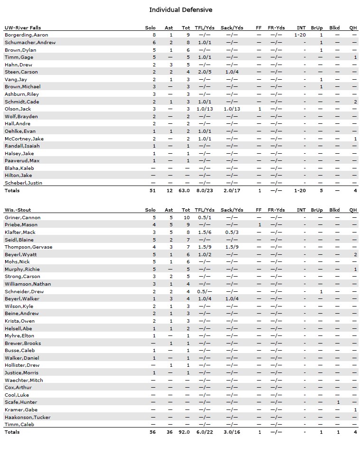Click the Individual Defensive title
(x=180, y=10)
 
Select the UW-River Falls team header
(x=23, y=28)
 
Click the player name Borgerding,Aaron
(x=26, y=35)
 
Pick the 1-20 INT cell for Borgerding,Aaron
(x=300, y=35)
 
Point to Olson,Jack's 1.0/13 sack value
(x=231, y=109)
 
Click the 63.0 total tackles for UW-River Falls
(x=186, y=191)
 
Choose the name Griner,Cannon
(x=22, y=218)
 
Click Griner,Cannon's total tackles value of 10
(x=186, y=218)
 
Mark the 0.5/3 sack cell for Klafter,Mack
(x=231, y=232)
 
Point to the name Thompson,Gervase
(x=28, y=247)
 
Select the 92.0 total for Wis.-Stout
(x=186, y=432)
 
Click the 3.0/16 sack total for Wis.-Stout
(x=231, y=432)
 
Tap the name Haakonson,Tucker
(x=28, y=418)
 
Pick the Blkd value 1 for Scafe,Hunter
(x=338, y=402)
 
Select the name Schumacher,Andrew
(x=30, y=43)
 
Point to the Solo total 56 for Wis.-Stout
(x=152, y=432)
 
